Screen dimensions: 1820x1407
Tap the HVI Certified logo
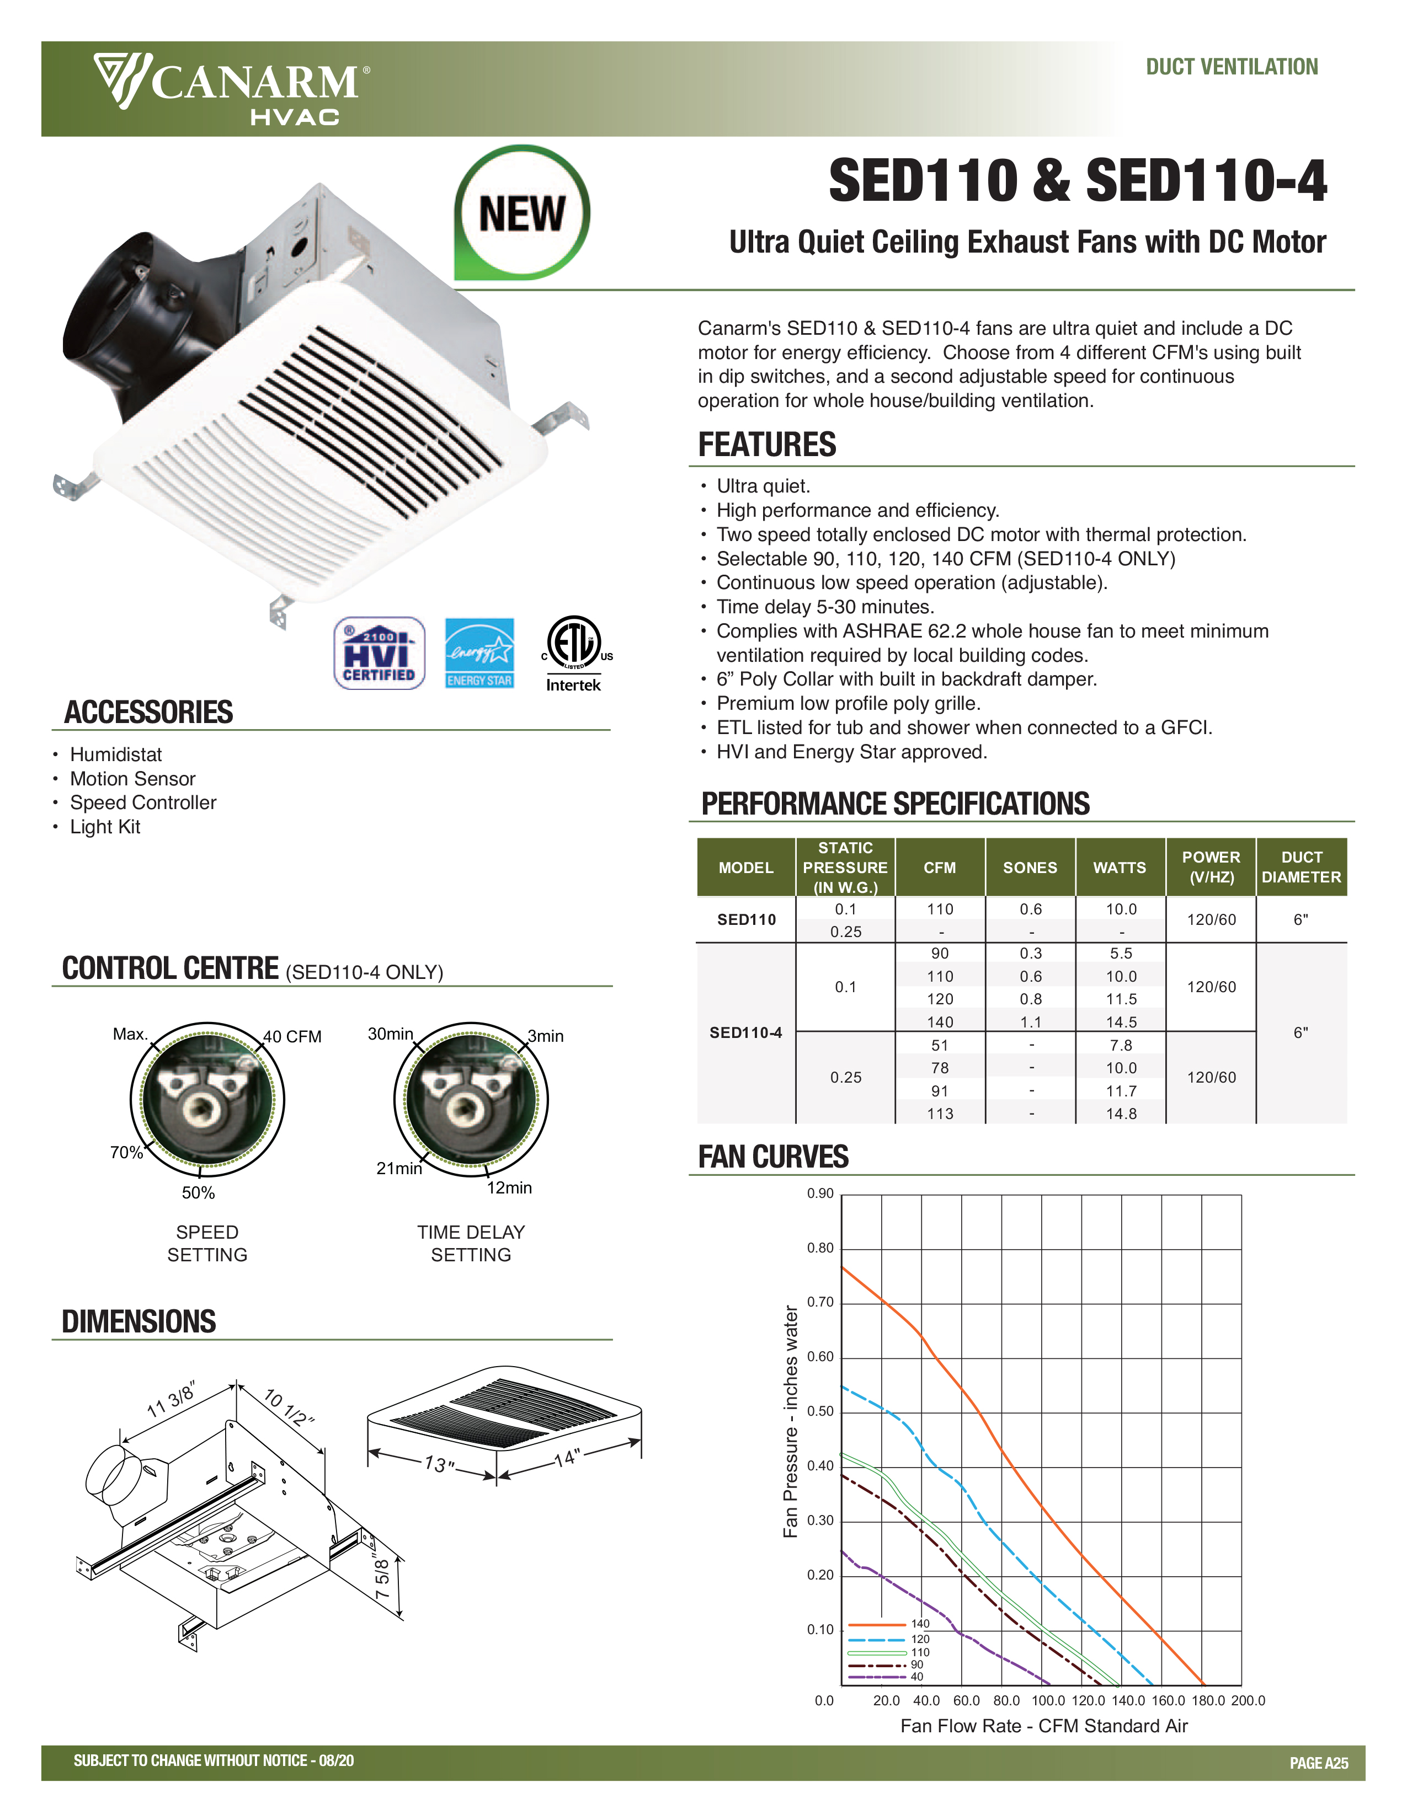[x=379, y=654]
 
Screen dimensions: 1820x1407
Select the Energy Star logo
[x=479, y=654]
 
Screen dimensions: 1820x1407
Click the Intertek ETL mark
[x=573, y=654]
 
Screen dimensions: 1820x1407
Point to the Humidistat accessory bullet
[x=116, y=754]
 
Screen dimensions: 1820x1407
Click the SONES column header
[x=1030, y=868]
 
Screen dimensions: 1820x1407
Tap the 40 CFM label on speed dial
[x=292, y=1037]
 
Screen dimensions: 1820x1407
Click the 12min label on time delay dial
[x=509, y=1187]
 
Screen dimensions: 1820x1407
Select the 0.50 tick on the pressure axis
[x=820, y=1411]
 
